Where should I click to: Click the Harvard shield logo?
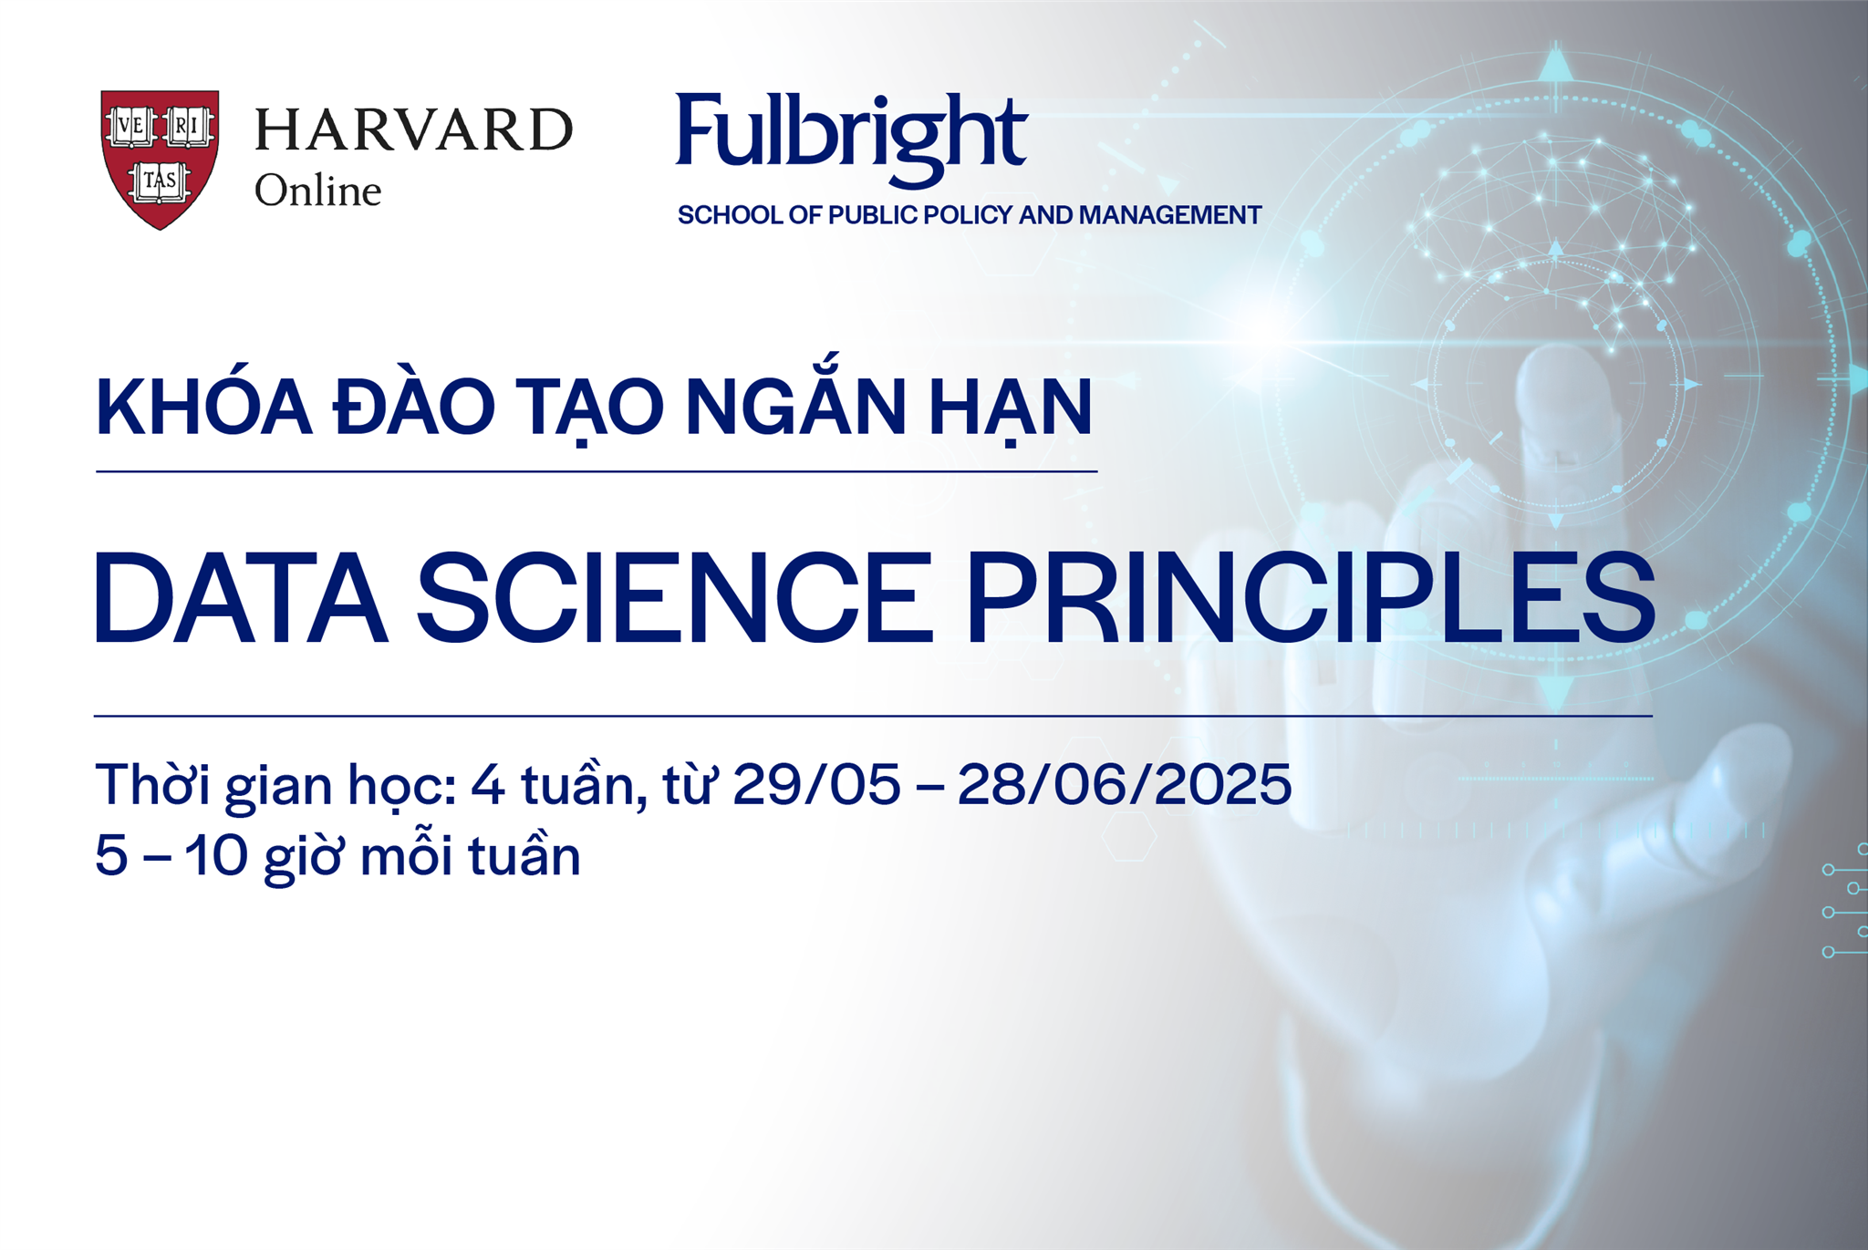click(x=160, y=158)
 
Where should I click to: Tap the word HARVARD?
click(x=413, y=129)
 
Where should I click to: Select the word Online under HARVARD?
click(x=317, y=191)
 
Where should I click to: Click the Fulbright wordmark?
click(x=851, y=135)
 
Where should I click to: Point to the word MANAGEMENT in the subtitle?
click(x=1170, y=215)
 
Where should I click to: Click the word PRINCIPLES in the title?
click(x=1311, y=599)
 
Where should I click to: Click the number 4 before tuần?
click(x=488, y=786)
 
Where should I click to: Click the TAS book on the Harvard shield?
click(x=160, y=181)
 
